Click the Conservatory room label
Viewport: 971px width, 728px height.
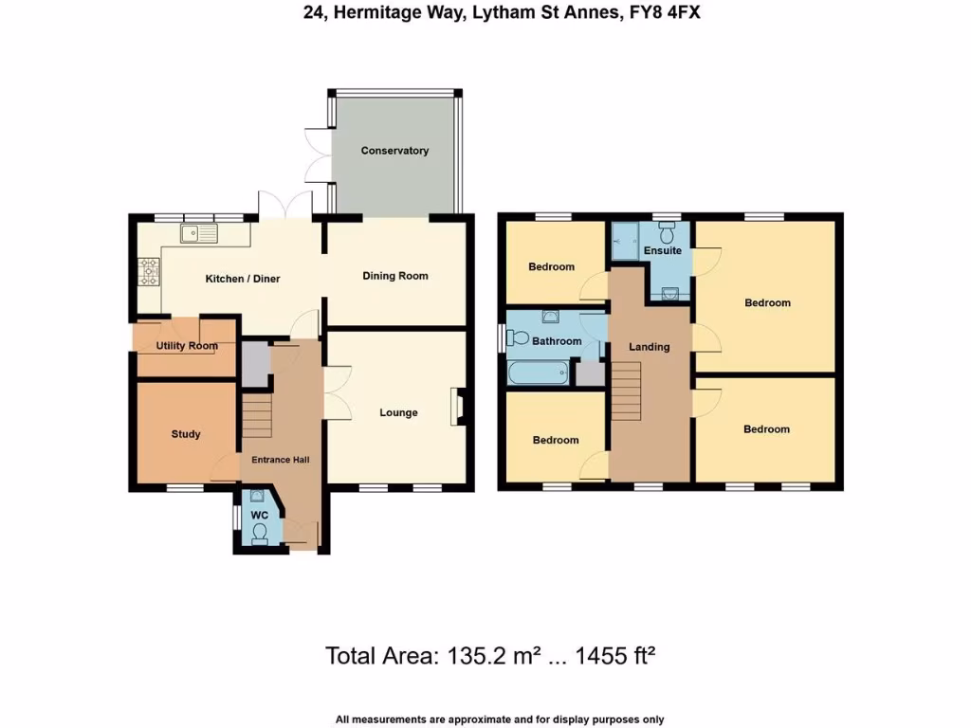(x=394, y=151)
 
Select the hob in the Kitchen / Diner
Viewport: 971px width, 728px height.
(x=149, y=273)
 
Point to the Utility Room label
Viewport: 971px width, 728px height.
(x=187, y=346)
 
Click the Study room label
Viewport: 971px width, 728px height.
(x=186, y=434)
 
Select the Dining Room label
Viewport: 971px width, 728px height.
(x=395, y=276)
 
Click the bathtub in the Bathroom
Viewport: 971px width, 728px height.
(x=537, y=373)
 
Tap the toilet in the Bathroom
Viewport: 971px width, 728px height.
(x=518, y=337)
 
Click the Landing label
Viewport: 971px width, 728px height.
(x=650, y=347)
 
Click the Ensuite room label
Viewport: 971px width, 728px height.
(x=662, y=250)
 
